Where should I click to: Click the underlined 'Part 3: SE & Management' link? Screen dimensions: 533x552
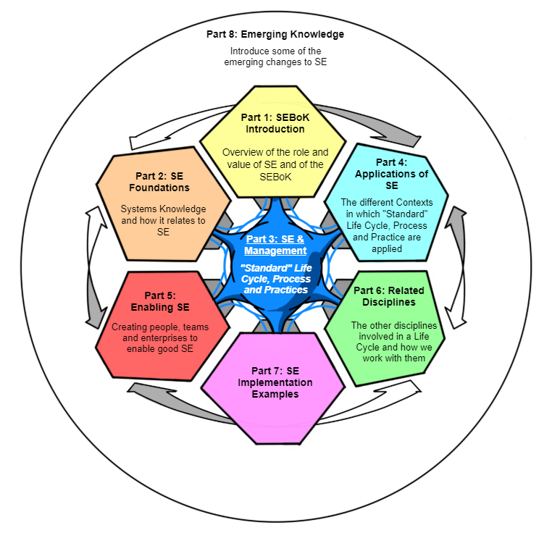(x=275, y=245)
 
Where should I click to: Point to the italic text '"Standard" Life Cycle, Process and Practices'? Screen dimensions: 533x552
(x=275, y=279)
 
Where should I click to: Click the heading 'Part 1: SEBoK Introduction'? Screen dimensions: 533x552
(x=275, y=122)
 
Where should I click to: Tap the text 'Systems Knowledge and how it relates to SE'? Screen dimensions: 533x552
(x=163, y=220)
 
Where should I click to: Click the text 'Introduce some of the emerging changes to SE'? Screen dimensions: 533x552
(x=275, y=56)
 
